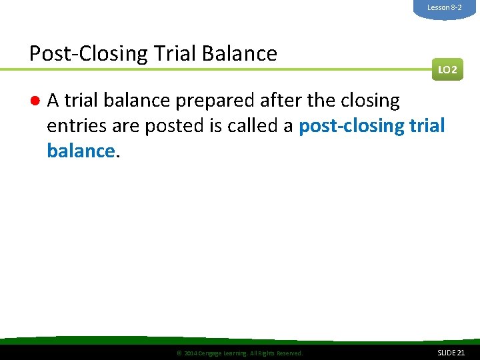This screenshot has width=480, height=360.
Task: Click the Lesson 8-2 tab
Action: pos(444,7)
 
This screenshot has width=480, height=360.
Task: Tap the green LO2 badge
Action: pos(447,69)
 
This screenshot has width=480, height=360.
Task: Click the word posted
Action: pos(186,127)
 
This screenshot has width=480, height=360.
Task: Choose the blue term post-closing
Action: pos(354,127)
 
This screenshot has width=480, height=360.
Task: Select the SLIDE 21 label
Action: pos(451,353)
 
